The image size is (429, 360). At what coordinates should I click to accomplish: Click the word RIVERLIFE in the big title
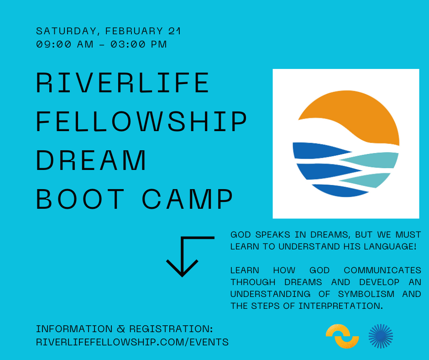(x=122, y=83)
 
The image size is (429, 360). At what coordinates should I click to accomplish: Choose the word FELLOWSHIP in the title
(x=141, y=122)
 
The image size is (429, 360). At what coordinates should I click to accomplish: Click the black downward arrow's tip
(x=182, y=275)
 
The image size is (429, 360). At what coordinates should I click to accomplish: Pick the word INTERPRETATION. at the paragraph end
(x=340, y=306)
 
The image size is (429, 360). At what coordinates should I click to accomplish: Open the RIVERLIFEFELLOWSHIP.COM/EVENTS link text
(x=132, y=342)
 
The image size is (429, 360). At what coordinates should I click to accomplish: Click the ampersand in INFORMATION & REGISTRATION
(x=121, y=329)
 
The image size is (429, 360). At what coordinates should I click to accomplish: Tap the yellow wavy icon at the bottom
(x=342, y=336)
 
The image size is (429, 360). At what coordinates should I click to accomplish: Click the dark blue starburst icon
(x=381, y=336)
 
